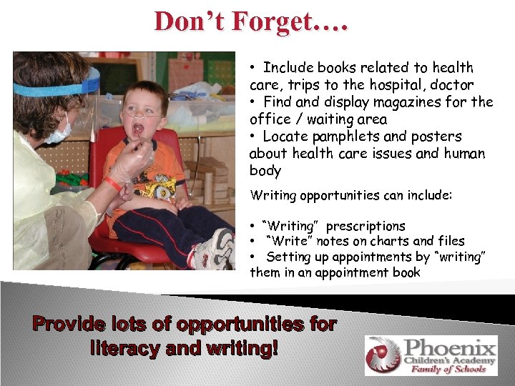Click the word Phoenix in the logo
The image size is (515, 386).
pyautogui.click(x=450, y=349)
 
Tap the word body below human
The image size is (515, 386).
pyautogui.click(x=265, y=171)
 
